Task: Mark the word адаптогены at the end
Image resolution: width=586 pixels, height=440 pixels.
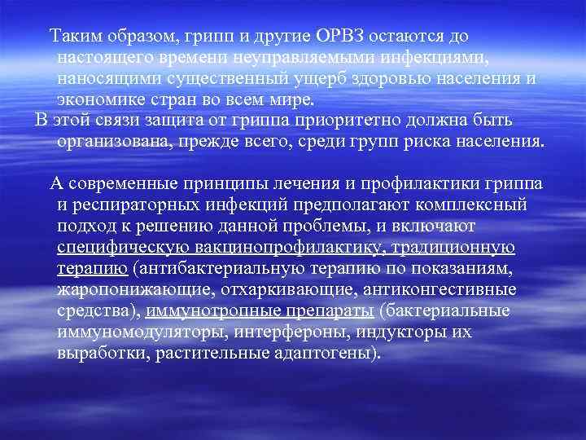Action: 323,353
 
